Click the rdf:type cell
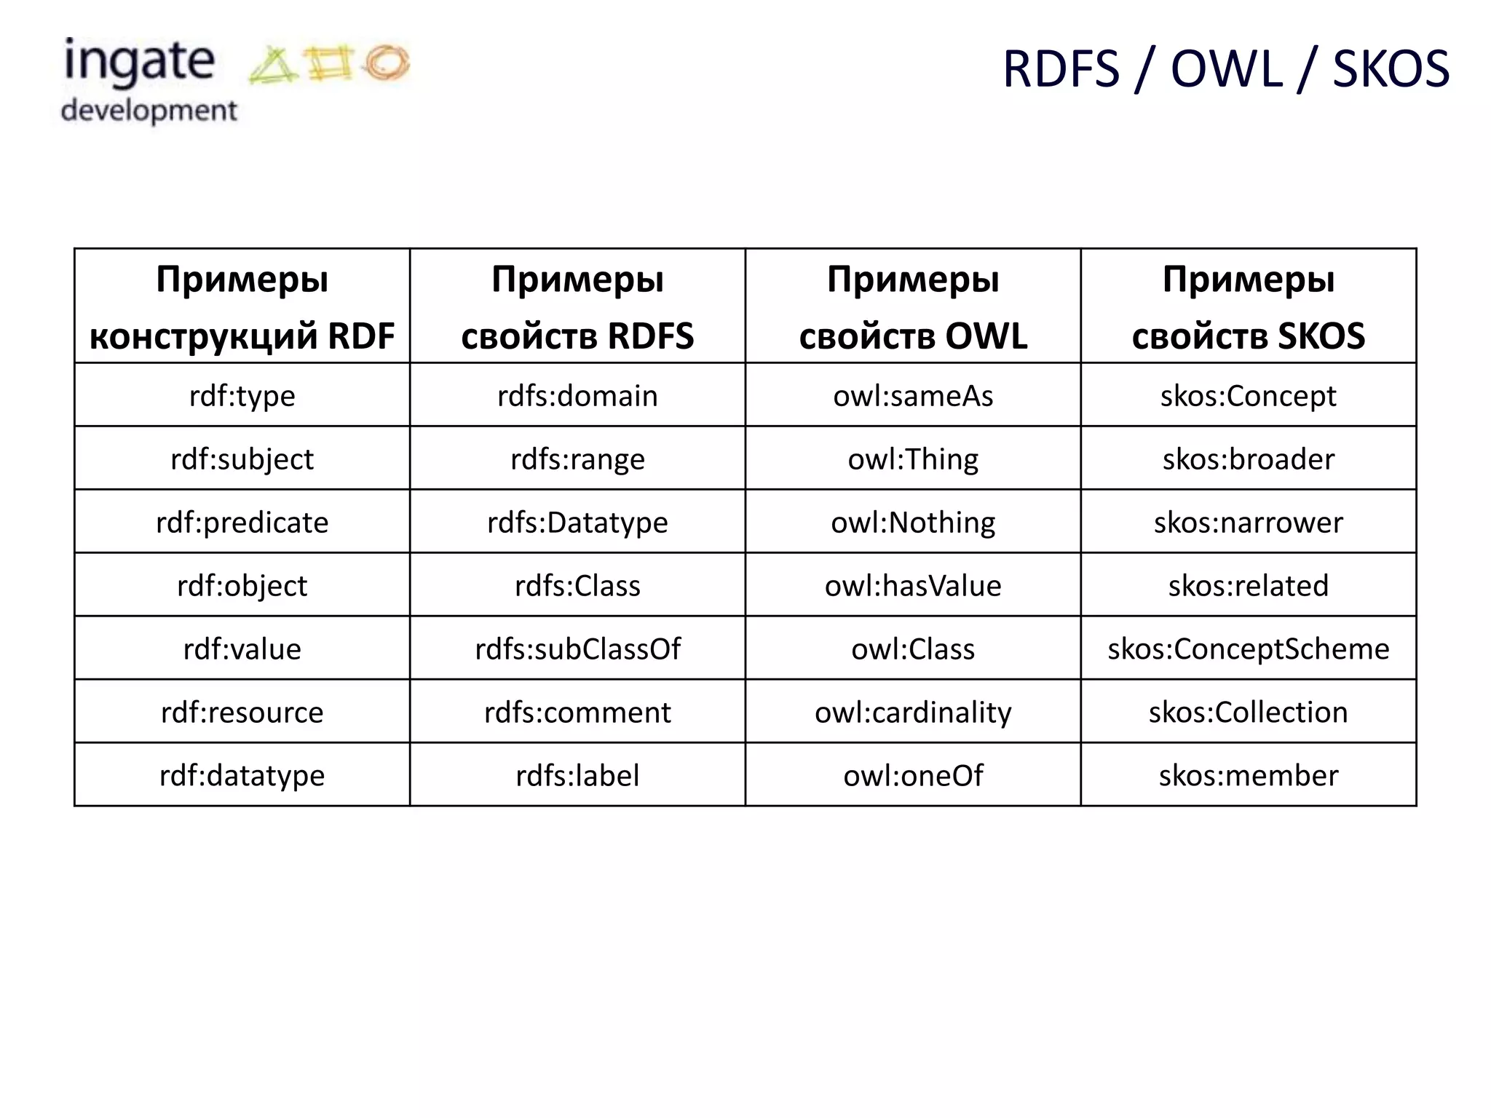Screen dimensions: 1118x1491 click(x=242, y=396)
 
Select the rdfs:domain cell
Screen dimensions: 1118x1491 click(x=577, y=396)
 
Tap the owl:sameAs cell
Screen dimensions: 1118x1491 click(x=913, y=396)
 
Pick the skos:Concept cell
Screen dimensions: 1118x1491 click(x=1248, y=396)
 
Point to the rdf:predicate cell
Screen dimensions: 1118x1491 click(x=242, y=523)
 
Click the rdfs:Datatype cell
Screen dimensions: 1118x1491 click(x=577, y=523)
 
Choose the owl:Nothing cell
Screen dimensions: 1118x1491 click(x=913, y=523)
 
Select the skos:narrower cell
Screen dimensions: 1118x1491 click(x=1248, y=523)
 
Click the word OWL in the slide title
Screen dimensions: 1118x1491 click(x=1226, y=70)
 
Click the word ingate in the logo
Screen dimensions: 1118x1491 click(x=139, y=63)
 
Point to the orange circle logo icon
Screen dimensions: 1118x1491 click(x=387, y=63)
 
